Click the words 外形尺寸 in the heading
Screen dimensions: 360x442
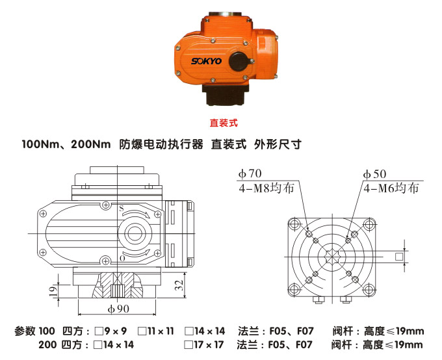278,144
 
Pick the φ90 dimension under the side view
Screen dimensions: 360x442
117,308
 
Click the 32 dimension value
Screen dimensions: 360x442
177,285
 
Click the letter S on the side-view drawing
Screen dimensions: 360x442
121,208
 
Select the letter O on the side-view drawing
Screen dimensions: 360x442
122,259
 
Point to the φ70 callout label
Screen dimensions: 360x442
250,174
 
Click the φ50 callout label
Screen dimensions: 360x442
374,174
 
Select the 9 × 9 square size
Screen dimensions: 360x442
114,331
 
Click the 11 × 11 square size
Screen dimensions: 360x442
159,331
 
